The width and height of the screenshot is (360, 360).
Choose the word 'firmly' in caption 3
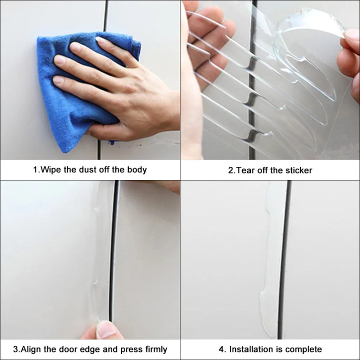point(156,349)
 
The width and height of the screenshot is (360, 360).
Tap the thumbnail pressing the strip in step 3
point(105,329)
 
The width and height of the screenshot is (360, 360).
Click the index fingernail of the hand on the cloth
point(100,40)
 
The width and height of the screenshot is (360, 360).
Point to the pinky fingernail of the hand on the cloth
point(58,80)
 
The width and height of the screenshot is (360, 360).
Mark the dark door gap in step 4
point(284,259)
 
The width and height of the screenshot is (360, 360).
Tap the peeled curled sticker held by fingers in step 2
point(307,62)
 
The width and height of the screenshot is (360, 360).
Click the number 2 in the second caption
point(230,170)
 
